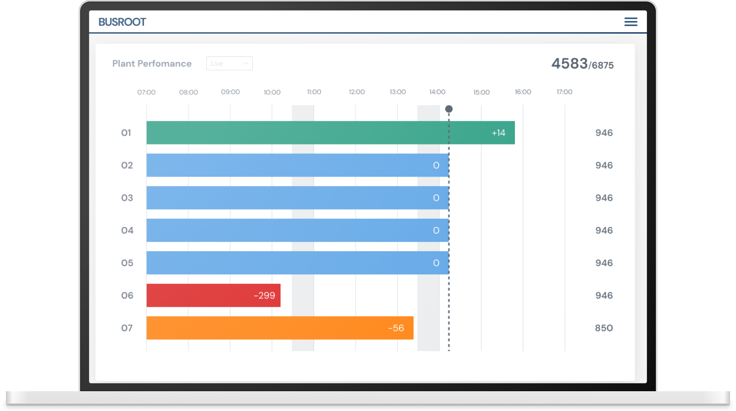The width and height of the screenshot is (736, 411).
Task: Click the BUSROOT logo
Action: (122, 22)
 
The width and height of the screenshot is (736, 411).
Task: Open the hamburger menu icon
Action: (631, 22)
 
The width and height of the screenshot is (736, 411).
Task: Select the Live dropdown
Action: (229, 63)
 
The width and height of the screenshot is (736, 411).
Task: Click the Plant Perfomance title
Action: (152, 63)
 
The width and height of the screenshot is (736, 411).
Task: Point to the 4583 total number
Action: (569, 64)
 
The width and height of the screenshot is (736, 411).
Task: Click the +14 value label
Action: (499, 133)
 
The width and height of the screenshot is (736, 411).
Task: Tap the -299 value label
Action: (264, 295)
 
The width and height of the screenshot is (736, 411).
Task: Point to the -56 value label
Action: (396, 328)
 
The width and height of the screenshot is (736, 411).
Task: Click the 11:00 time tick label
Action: (314, 92)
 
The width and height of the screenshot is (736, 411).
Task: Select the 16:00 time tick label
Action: (523, 92)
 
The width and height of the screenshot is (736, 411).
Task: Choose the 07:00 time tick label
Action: (146, 92)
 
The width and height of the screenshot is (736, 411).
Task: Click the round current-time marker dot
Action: (449, 109)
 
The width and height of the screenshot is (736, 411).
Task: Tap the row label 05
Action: (127, 263)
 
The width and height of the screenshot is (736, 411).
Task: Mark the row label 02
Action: (127, 165)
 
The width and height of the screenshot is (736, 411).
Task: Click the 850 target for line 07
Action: (604, 328)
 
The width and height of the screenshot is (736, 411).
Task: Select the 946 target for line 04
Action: (604, 230)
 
